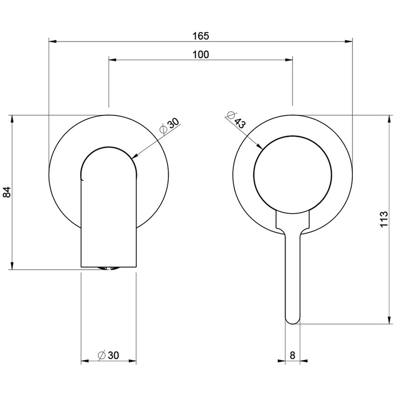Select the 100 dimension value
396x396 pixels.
tap(200, 54)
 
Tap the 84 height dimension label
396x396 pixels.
tap(7, 192)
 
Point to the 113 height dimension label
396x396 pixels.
tap(384, 219)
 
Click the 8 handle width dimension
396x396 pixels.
tap(292, 355)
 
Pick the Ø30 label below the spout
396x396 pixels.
tap(109, 355)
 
